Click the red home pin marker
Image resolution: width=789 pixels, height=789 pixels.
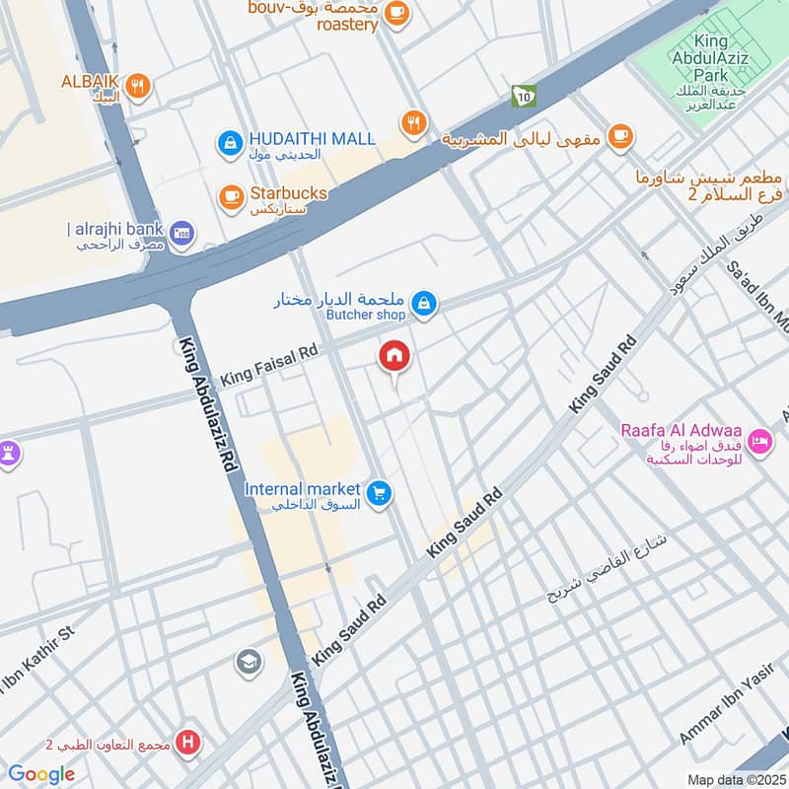coord(394,357)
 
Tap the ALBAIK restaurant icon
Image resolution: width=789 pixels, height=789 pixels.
coord(138,86)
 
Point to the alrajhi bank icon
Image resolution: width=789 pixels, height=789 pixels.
coord(181,234)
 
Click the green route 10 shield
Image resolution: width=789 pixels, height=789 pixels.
coord(521,95)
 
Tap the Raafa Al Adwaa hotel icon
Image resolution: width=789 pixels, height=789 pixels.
coord(759,441)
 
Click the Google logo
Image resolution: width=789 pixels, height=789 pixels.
coord(41,774)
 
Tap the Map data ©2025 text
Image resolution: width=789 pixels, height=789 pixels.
coord(734,779)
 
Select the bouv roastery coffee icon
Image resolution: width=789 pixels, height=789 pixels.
coord(396,12)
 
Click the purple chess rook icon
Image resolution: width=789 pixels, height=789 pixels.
coord(8,453)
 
